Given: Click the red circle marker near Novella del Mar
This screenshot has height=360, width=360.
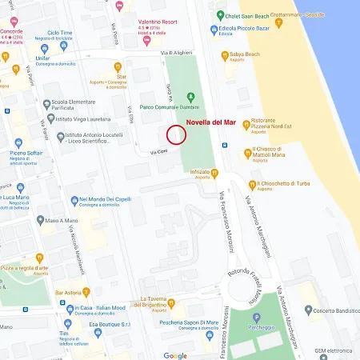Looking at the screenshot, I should pyautogui.click(x=176, y=135).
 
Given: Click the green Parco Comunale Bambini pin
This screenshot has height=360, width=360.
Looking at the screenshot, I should pyautogui.click(x=191, y=97).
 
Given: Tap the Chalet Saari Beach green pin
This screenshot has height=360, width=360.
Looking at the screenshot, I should pyautogui.click(x=220, y=15).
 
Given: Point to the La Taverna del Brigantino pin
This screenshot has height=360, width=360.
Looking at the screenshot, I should pyautogui.click(x=171, y=304).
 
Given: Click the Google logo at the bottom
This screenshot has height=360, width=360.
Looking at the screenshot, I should pyautogui.click(x=176, y=354).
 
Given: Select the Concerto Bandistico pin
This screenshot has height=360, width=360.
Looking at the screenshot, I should pyautogui.click(x=308, y=310).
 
